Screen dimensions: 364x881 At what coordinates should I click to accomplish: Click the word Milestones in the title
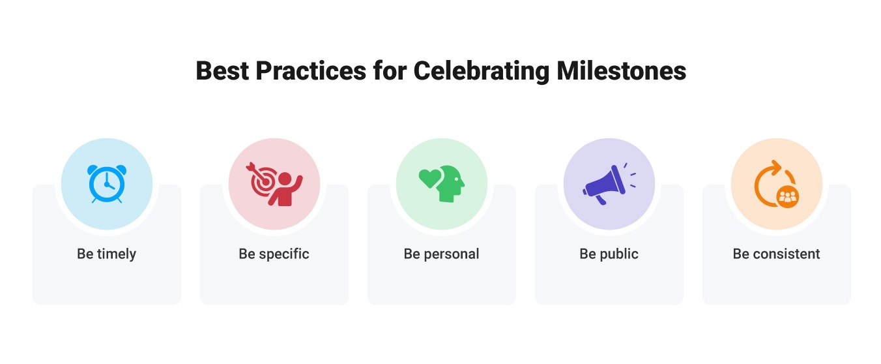point(621,70)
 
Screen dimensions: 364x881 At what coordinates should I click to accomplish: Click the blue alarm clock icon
point(106,183)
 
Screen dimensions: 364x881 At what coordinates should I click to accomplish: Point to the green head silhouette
point(450,184)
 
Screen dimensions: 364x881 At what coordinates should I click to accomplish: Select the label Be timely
point(106,254)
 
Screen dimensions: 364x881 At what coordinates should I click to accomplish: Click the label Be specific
point(274,254)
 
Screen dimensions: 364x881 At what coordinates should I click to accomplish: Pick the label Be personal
point(441,254)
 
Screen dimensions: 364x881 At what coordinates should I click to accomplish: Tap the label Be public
point(609,254)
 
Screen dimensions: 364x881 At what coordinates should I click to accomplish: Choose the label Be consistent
point(776,254)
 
